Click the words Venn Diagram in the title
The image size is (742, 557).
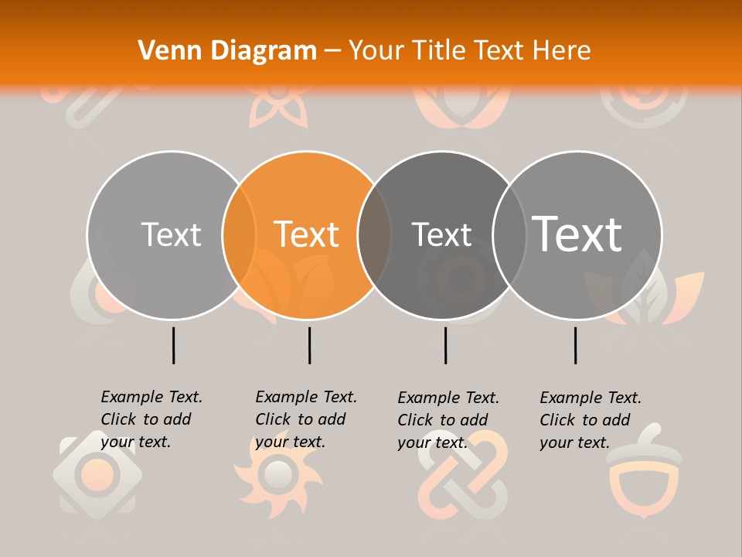coord(227,50)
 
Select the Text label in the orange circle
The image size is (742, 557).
coord(307,234)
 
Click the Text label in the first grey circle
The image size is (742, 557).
coord(171,234)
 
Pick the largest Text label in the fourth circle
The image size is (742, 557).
coord(577,234)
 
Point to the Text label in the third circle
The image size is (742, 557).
coord(441,234)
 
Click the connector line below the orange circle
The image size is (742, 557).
coord(309,345)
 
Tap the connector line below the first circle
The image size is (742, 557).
coord(173,345)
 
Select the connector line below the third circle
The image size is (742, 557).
coord(445,345)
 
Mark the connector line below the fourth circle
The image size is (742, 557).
coord(575,345)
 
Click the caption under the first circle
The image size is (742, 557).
coord(151,419)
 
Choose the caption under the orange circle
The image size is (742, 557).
coord(306,419)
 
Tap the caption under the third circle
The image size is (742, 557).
coord(448,420)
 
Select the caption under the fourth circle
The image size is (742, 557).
coord(591,420)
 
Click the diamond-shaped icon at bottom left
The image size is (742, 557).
coord(88,473)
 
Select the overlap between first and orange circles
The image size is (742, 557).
coord(239,234)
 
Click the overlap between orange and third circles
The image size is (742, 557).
coord(374,234)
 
